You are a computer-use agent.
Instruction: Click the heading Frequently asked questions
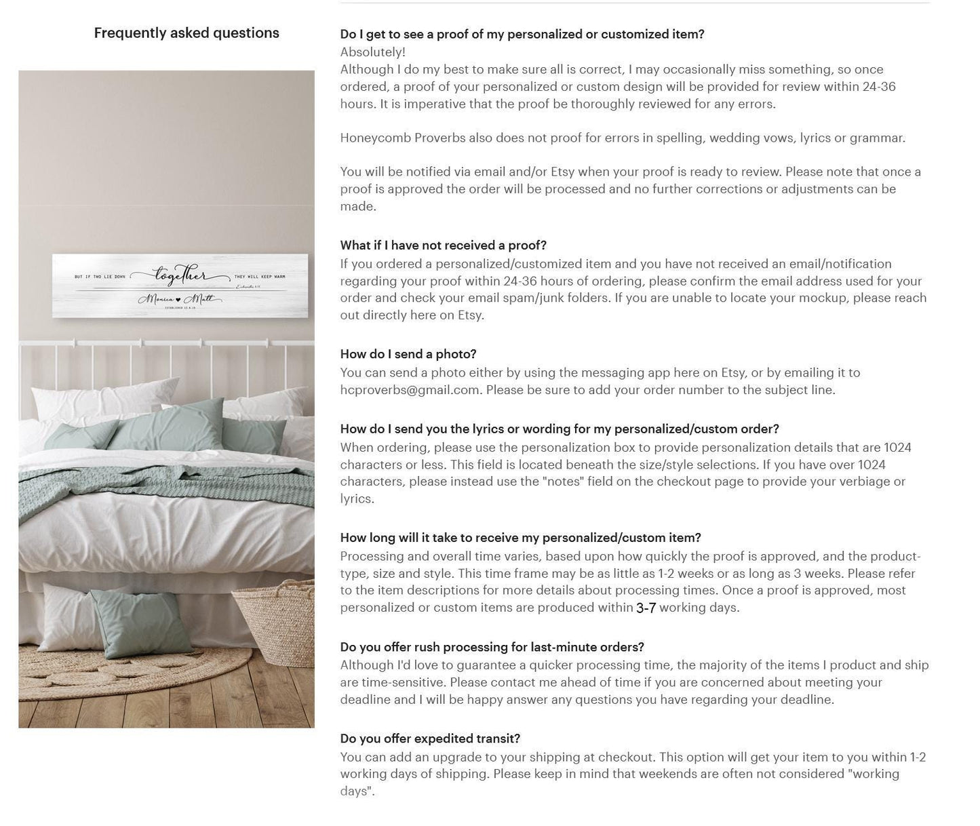click(x=187, y=33)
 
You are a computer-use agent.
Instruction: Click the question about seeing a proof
click(x=522, y=34)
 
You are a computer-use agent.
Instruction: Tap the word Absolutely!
click(x=372, y=52)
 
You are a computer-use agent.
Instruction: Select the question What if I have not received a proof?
click(x=443, y=245)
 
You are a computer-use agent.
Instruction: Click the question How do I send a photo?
click(x=408, y=354)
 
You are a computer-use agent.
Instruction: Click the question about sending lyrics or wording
click(x=559, y=429)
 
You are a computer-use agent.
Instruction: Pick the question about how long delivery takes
click(x=520, y=538)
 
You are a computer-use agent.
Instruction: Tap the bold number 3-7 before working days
click(x=646, y=608)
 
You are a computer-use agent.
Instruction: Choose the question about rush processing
click(x=492, y=647)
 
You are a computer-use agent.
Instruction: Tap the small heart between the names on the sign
click(x=178, y=300)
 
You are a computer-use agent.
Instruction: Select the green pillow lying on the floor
click(x=138, y=621)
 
